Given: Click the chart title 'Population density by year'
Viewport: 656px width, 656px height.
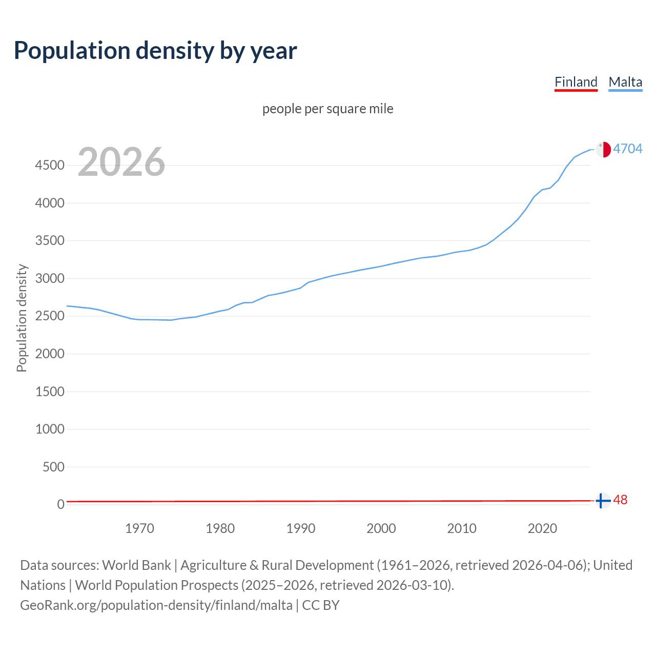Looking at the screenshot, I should coord(155,51).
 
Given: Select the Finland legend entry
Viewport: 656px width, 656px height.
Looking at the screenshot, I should coord(576,82).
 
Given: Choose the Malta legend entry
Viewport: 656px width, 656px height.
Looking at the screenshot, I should coord(625,82).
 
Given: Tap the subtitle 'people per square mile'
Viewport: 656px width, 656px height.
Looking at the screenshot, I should coord(328,109).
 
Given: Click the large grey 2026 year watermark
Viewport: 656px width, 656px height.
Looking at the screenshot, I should coord(121,162).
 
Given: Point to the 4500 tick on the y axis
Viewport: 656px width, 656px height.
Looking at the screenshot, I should coord(50,166).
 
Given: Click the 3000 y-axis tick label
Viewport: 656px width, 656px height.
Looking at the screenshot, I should coord(50,279).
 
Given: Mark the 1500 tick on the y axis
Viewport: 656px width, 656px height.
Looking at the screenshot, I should coord(50,392).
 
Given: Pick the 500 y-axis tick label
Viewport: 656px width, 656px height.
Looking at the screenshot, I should coord(54,467).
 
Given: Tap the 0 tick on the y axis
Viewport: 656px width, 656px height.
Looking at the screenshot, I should coord(61,505).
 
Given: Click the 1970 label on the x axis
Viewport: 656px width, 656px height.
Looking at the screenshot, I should coord(139,529).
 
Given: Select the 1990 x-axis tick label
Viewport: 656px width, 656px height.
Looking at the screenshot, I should coord(301,529).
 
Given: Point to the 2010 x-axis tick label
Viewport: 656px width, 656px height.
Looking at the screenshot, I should coord(462,529).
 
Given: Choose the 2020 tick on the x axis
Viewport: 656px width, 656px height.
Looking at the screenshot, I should coord(542,529).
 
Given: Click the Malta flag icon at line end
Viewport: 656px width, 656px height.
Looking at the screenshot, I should coord(603,149).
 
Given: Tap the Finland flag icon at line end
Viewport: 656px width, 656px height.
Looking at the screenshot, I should coord(603,501).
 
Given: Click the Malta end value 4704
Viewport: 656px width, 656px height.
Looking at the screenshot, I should coord(628,149).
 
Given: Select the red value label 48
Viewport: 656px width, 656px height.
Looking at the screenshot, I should coord(620,500).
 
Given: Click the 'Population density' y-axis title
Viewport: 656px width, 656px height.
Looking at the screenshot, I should coord(22,318).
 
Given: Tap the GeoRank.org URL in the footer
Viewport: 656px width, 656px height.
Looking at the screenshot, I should coord(156,605).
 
